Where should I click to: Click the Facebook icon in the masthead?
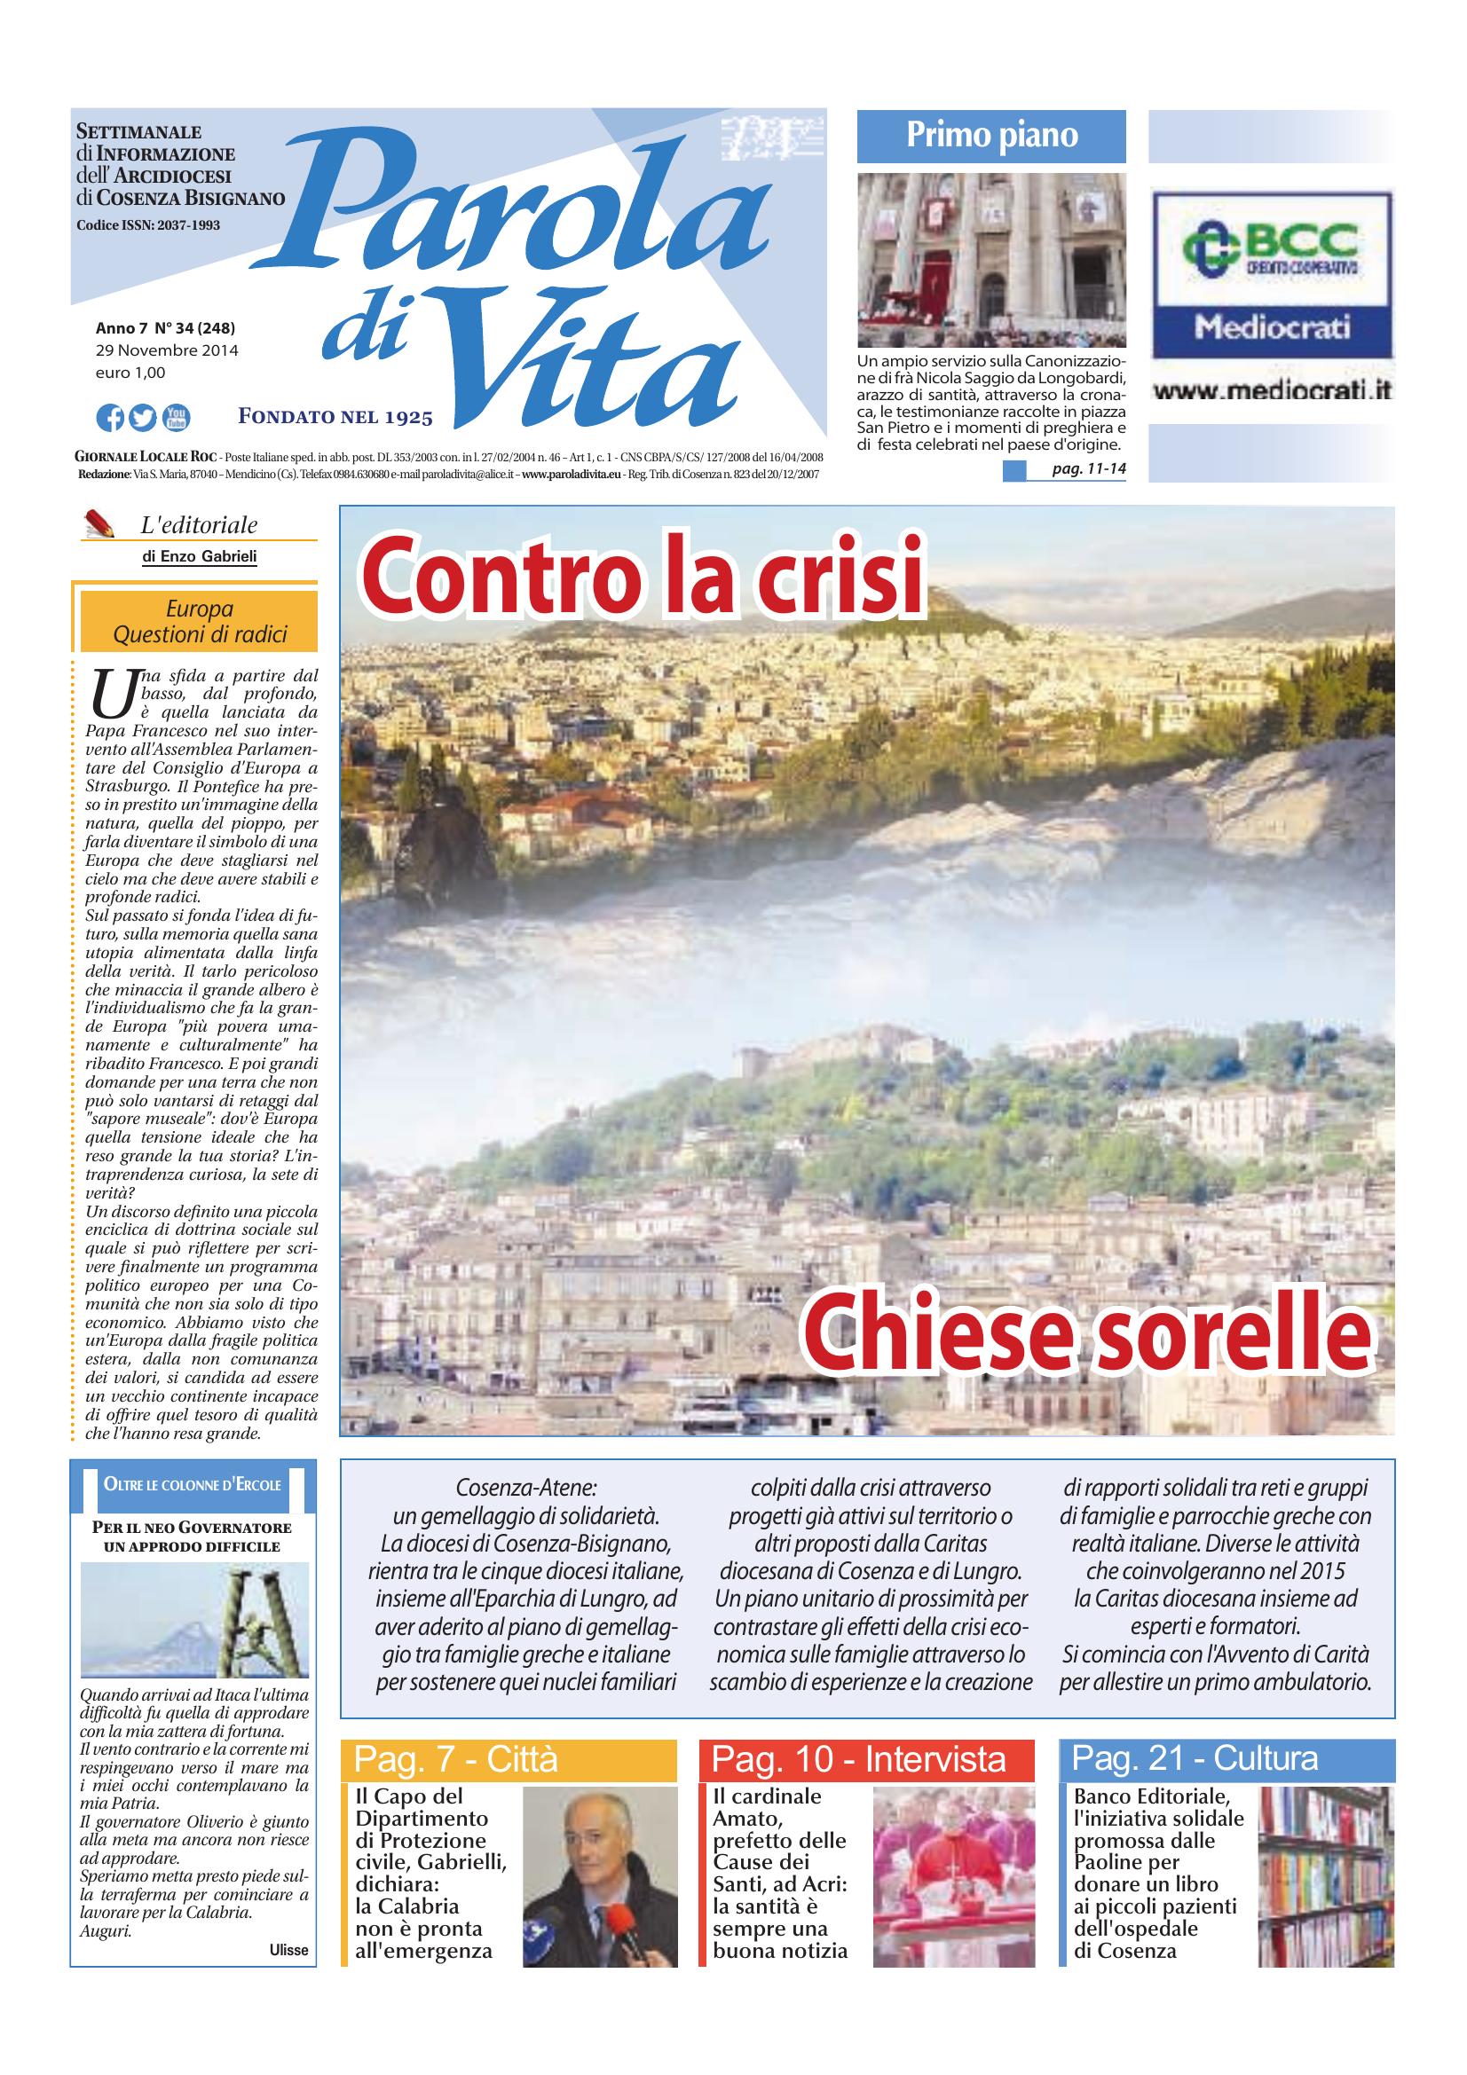coord(110,418)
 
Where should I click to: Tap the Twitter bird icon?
coord(143,418)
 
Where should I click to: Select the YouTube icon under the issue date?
coord(177,418)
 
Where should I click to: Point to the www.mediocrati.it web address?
coord(1271,392)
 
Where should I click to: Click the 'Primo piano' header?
coord(991,136)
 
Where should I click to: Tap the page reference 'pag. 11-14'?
coord(1088,469)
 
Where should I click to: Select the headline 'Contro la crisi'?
coord(643,577)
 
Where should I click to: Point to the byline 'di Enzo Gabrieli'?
coord(199,557)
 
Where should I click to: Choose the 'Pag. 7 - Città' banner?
coord(455,1759)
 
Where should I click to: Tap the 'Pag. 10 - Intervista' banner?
coord(859,1759)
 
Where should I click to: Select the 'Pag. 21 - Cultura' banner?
coord(1194,1758)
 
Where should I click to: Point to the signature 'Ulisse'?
coord(288,1949)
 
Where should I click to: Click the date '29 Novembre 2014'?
coord(167,350)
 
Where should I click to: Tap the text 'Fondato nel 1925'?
coord(335,417)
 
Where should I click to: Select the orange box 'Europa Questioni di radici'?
coord(199,622)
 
